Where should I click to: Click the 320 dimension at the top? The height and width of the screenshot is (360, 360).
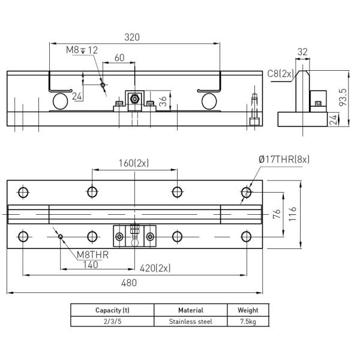(x=132, y=37)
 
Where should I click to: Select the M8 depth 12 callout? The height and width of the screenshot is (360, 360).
(x=82, y=50)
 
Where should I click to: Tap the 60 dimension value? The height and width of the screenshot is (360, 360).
(x=119, y=58)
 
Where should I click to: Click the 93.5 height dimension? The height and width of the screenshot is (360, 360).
(x=343, y=97)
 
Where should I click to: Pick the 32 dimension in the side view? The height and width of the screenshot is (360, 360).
(x=302, y=52)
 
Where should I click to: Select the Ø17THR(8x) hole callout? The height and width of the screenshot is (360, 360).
(x=284, y=160)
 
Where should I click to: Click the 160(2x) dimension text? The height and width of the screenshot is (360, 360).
(x=134, y=163)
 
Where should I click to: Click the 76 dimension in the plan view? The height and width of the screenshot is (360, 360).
(x=276, y=214)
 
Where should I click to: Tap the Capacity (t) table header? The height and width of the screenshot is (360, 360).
(x=112, y=310)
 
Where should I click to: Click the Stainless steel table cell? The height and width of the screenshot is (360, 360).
(x=190, y=321)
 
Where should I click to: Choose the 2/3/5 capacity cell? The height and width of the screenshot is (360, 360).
(x=112, y=321)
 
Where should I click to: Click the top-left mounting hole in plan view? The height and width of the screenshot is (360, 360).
(x=23, y=192)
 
